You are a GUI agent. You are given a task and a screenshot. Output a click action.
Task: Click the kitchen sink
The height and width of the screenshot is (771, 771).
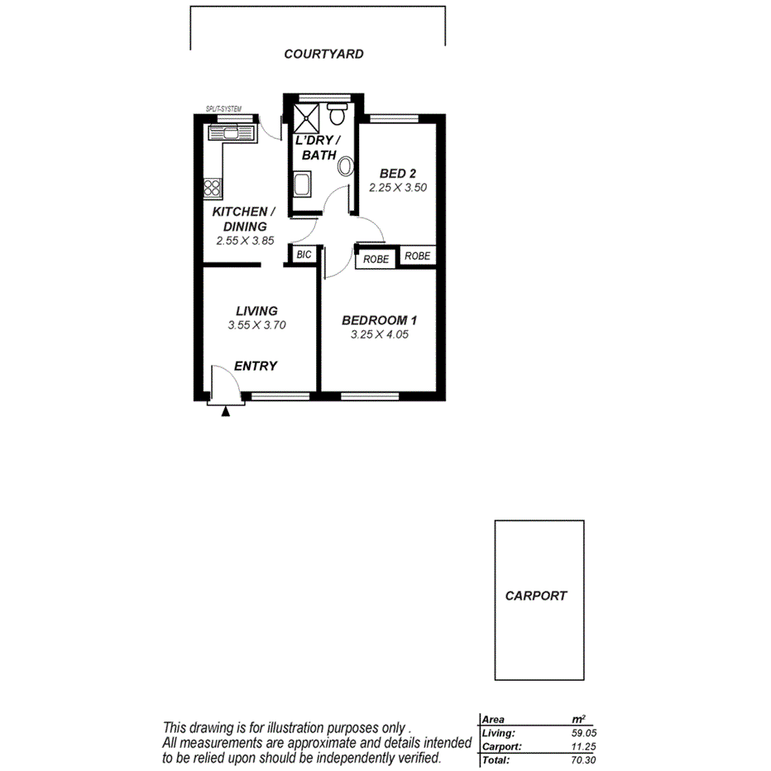coord(225,132)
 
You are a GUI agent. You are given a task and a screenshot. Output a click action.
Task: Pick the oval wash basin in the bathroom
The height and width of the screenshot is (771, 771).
coord(345,165)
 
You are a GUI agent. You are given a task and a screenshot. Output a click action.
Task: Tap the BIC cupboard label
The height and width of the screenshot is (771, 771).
coord(304,255)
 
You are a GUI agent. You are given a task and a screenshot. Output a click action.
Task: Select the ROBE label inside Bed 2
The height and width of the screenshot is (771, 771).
coord(418,256)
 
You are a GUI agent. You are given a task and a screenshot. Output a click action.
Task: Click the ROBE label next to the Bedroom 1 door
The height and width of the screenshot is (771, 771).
coord(376,259)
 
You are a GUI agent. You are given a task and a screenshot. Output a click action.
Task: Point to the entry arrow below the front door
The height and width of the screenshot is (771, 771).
coord(226,410)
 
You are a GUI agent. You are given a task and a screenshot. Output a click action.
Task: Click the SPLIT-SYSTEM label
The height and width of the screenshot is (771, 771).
coord(223,109)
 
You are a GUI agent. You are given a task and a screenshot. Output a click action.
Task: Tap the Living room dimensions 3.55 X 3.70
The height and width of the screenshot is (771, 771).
coord(256,325)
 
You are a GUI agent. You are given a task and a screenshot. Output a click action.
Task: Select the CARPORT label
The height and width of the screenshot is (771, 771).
coord(536,596)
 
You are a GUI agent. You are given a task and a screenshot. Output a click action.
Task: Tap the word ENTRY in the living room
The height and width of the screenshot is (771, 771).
coord(256,366)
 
